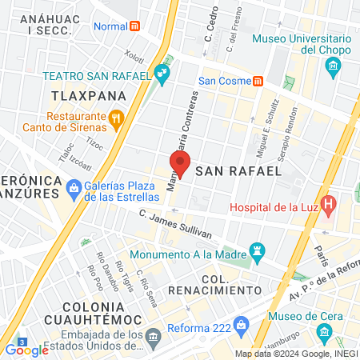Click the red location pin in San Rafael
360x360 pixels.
click(x=180, y=165)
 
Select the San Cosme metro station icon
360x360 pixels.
click(x=258, y=81)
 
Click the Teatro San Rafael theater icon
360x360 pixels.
click(x=163, y=75)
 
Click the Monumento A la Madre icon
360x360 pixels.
click(x=257, y=252)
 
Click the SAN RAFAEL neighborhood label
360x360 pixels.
click(x=238, y=170)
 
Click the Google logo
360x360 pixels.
click(x=26, y=349)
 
